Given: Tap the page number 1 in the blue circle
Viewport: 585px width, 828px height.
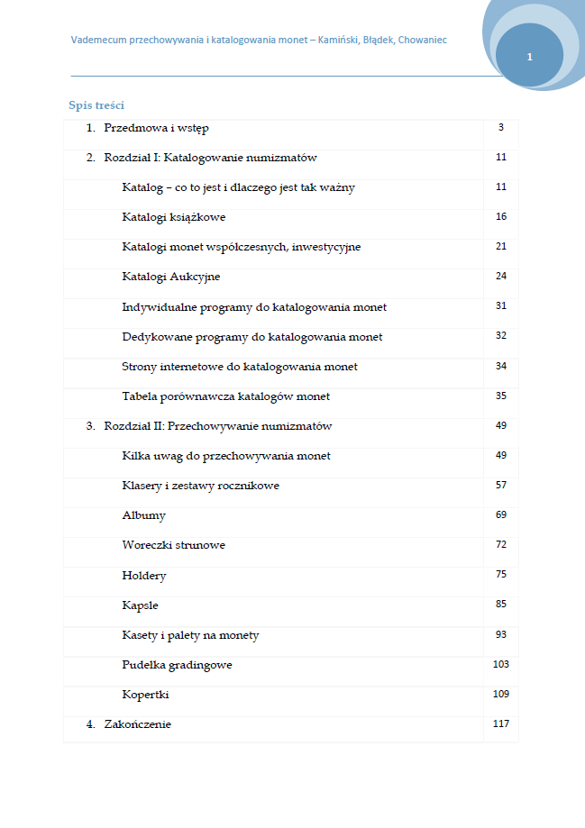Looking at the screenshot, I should tap(529, 57).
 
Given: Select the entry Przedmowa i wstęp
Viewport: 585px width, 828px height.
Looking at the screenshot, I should tap(156, 128).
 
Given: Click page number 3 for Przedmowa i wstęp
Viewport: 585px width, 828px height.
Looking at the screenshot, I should tap(500, 127).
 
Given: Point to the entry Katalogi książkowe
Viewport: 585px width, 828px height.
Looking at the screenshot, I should tap(174, 217).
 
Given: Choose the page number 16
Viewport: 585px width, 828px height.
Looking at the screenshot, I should tap(501, 216).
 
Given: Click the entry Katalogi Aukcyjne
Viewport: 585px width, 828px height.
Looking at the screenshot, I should tap(171, 277).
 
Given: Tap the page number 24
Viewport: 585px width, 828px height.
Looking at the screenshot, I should tap(501, 276).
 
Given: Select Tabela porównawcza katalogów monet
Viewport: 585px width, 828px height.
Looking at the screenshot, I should tap(226, 396).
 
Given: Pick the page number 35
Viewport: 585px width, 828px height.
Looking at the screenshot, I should tap(501, 396).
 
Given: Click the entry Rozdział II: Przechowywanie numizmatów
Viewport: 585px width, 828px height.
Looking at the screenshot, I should tap(218, 426).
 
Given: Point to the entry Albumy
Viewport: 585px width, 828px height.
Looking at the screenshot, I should tap(144, 516).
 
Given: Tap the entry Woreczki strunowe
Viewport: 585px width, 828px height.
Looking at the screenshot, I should tap(174, 545).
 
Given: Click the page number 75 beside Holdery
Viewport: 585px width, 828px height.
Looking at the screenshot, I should tap(501, 574).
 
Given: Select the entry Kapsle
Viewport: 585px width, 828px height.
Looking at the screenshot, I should tap(141, 605).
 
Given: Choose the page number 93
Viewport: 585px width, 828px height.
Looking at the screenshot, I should tap(501, 634).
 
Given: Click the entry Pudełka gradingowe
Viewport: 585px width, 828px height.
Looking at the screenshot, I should tap(178, 665).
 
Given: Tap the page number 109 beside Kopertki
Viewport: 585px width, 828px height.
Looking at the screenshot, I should tap(501, 694).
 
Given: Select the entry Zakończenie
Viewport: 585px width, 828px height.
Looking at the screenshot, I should tap(137, 724).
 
